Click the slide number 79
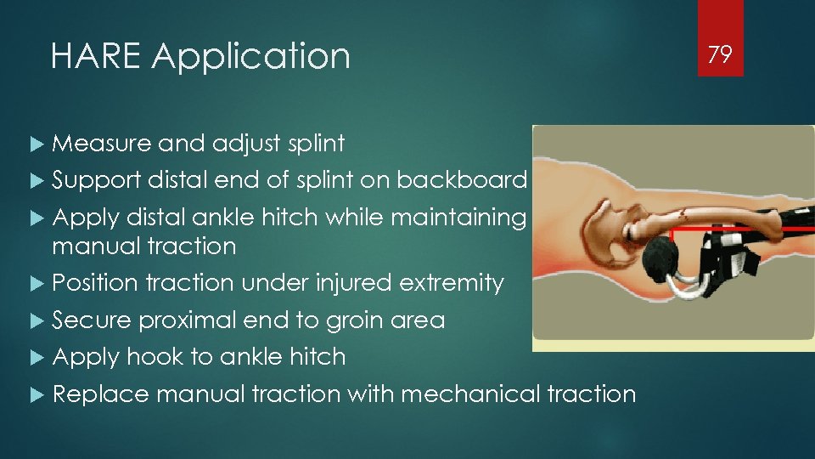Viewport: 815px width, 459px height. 720,55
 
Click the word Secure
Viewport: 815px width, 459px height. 92,320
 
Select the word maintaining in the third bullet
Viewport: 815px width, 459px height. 459,218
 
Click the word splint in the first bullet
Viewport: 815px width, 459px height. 316,144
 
